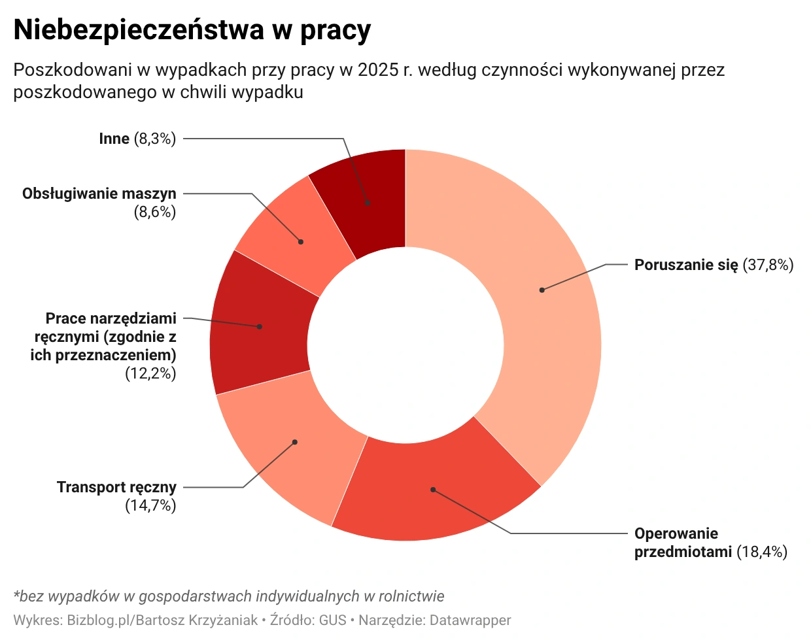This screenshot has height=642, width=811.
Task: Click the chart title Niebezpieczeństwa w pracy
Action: [x=192, y=30]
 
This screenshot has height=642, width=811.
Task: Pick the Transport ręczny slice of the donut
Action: [x=288, y=445]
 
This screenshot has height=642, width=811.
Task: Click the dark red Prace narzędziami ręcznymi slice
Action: [x=258, y=327]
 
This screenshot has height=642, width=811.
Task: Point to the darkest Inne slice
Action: [x=370, y=199]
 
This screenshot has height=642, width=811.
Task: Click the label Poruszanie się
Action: [x=685, y=265]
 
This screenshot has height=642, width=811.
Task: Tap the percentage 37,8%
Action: [x=768, y=265]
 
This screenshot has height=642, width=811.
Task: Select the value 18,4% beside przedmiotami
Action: [x=762, y=552]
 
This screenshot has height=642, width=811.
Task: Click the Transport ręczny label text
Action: [x=116, y=487]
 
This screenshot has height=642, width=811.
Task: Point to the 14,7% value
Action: [x=150, y=505]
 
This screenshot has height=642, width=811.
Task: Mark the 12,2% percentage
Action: [x=150, y=373]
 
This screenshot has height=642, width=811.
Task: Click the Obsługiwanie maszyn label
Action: [x=99, y=194]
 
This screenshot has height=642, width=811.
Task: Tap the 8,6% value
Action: [x=154, y=212]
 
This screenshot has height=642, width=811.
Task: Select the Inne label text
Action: [x=114, y=139]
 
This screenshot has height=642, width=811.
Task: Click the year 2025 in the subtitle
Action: [x=378, y=70]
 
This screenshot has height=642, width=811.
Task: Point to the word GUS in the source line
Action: [x=332, y=620]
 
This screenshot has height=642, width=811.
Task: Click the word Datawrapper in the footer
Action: [x=470, y=620]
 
